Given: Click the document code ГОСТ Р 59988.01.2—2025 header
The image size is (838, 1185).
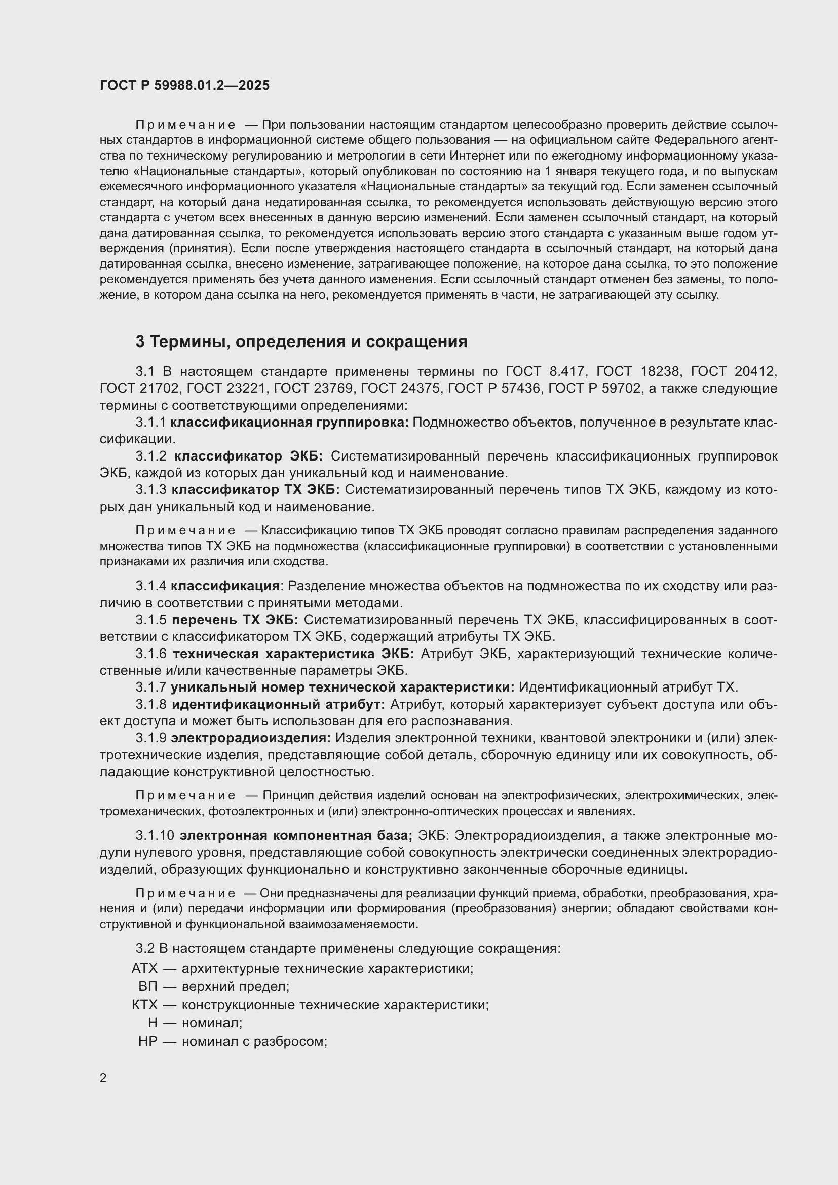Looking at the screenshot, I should click(x=185, y=85).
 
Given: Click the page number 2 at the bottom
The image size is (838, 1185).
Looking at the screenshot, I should click(x=103, y=1078).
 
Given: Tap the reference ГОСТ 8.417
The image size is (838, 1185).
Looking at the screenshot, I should click(x=545, y=371).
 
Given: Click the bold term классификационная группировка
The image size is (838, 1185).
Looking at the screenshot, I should click(x=289, y=422).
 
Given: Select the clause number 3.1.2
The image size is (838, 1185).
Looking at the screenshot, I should click(x=150, y=456).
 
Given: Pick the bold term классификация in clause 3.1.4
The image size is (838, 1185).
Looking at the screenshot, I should click(x=225, y=586).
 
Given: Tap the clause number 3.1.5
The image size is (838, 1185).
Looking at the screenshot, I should click(x=150, y=619).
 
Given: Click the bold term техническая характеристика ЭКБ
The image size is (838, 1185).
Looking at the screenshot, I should click(x=293, y=654).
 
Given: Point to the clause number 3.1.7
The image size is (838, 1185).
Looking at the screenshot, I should click(x=150, y=687).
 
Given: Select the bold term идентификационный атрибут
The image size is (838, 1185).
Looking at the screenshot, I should click(x=278, y=705).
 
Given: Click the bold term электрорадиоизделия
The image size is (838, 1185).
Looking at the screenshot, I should click(x=251, y=738).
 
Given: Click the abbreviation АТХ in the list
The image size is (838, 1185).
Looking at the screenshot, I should click(x=144, y=968).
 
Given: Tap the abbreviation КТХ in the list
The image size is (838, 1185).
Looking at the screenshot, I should click(x=144, y=1004).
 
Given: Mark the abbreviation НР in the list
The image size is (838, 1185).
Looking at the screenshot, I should click(x=147, y=1041).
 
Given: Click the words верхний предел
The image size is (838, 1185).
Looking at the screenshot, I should click(x=235, y=986).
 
